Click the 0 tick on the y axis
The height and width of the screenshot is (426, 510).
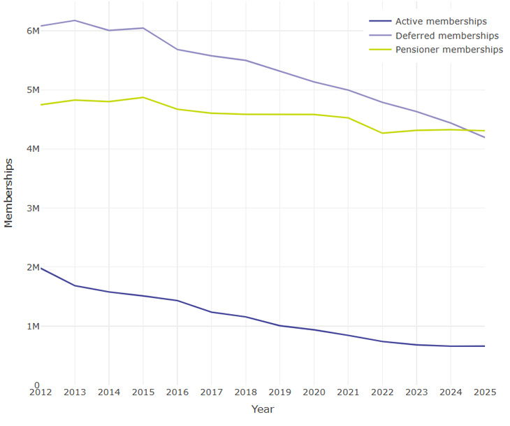coord(36,385)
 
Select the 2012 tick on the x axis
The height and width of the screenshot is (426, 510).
coord(41,393)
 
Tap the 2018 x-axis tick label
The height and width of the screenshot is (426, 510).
coord(245,393)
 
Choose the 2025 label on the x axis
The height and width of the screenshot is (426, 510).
coord(484,393)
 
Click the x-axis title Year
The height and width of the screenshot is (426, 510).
coord(263,409)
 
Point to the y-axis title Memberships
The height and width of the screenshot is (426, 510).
coord(9,193)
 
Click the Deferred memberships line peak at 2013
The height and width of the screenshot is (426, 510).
coord(75,20)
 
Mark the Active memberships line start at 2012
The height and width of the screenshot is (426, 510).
coord(41,268)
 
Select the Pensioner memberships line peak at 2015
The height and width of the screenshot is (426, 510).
coord(143,97)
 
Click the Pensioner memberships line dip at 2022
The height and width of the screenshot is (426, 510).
coord(382,133)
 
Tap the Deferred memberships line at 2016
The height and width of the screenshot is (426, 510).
coord(177,50)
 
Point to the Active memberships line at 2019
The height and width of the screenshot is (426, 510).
coord(279,326)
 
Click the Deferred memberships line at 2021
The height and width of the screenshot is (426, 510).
coord(348,90)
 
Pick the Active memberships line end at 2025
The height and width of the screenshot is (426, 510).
coord(484,346)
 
